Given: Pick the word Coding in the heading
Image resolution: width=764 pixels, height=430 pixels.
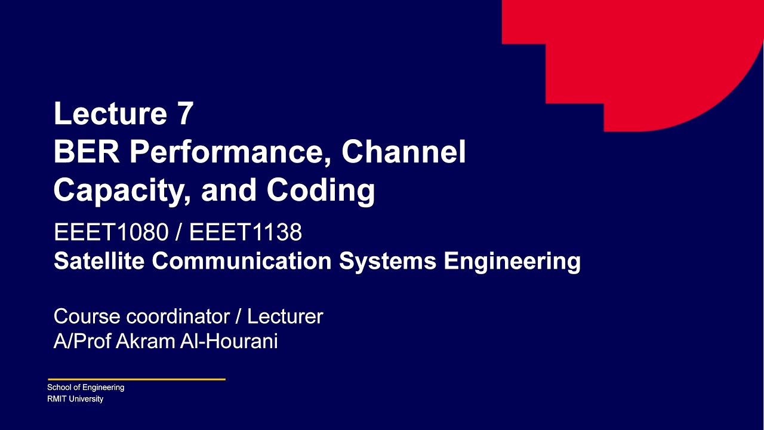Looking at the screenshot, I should click(x=321, y=190).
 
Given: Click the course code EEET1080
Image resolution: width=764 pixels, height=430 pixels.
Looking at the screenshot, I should click(x=111, y=232).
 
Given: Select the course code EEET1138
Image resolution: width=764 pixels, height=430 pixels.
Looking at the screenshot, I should click(x=245, y=232).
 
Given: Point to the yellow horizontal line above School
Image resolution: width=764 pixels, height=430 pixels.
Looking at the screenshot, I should click(x=137, y=379).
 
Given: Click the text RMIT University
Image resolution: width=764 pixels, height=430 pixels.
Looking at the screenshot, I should click(x=75, y=399).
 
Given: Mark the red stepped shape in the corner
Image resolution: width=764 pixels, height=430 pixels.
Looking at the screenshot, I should click(x=657, y=60).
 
